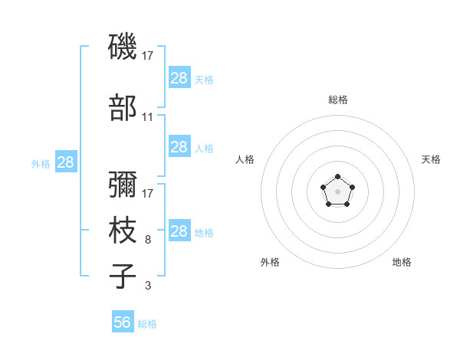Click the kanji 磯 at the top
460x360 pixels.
(123, 46)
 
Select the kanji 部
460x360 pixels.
(123, 107)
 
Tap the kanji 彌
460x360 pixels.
(123, 184)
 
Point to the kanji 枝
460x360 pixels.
(123, 230)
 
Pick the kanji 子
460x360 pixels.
(123, 276)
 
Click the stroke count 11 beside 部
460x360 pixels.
(147, 117)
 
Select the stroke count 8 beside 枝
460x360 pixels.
(148, 240)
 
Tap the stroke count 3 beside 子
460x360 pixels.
(148, 285)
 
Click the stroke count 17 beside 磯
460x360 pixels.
(147, 56)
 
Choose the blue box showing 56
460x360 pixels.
(123, 321)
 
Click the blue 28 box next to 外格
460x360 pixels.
(66, 162)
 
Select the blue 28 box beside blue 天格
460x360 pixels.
(179, 77)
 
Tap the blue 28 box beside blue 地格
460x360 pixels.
(179, 230)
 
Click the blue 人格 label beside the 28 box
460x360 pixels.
(204, 149)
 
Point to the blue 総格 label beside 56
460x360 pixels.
(147, 324)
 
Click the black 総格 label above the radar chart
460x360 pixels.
(338, 100)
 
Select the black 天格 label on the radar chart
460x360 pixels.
(431, 159)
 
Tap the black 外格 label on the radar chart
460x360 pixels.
(270, 262)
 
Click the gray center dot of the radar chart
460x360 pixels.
(337, 191)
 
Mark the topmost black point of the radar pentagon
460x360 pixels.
(337, 176)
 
